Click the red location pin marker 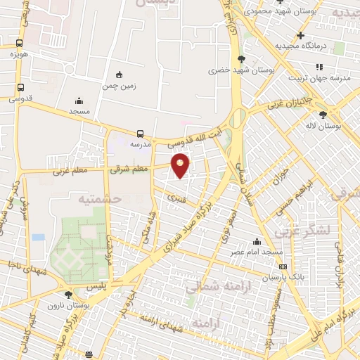pos(181,165)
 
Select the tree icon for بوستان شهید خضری pos(242,59)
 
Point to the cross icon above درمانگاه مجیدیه pos(300,35)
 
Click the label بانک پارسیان pos(283,278)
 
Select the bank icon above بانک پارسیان pos(283,267)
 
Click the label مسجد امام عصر pos(259,251)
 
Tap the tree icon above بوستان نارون pos(68,295)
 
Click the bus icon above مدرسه pos(141,134)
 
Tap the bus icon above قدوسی pos(20,88)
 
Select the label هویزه pos(18,53)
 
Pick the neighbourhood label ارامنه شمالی pos(214,285)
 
